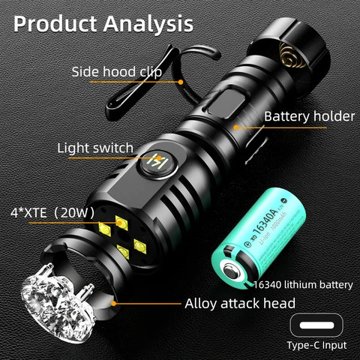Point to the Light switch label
(x=95, y=147)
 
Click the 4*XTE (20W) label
(x=52, y=212)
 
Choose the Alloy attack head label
(x=240, y=304)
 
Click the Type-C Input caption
(x=317, y=346)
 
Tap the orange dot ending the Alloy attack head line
(x=115, y=303)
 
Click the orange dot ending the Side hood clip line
(x=180, y=81)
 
